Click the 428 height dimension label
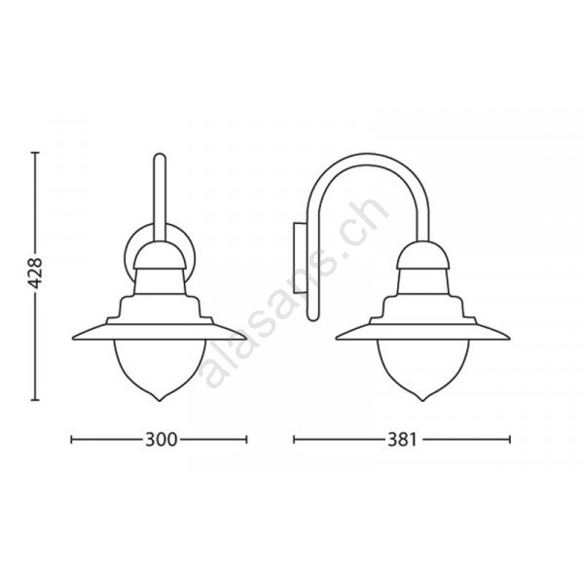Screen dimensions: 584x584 point(36,273)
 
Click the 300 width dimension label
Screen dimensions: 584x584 point(161,440)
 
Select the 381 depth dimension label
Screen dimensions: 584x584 point(402,440)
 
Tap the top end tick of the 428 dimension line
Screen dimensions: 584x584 point(35,153)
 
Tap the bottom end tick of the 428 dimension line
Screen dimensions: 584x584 point(35,400)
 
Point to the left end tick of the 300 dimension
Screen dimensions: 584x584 point(71,440)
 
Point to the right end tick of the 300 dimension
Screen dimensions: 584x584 point(246,440)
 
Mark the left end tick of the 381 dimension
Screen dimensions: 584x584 point(294,440)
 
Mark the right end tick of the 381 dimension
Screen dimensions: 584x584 point(510,440)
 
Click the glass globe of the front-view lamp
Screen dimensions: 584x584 point(160,369)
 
